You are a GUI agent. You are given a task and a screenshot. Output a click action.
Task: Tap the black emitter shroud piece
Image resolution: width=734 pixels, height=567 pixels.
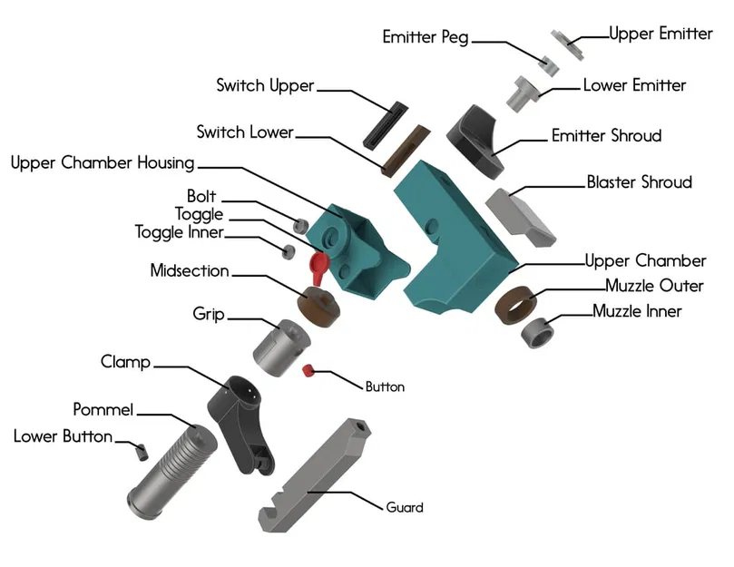coord(477,138)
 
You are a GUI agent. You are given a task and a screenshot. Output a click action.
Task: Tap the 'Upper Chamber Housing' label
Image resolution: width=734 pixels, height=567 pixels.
coord(103,163)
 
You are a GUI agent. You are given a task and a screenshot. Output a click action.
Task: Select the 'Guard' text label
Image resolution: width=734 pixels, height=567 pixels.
coord(405,507)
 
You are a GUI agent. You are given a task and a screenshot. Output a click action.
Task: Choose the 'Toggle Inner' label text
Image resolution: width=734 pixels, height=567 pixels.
coord(179,233)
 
